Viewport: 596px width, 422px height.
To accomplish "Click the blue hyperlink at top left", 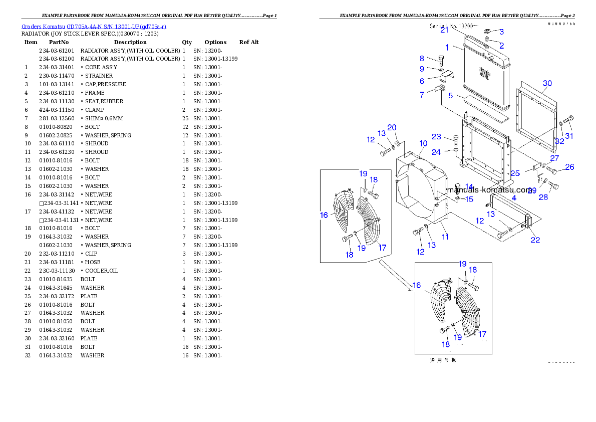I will click(x=94, y=26).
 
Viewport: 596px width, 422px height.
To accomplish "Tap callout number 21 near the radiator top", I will click(x=444, y=30).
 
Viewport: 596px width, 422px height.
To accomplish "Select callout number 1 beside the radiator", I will click(x=501, y=32).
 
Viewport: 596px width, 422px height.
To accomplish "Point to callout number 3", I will click(x=501, y=32).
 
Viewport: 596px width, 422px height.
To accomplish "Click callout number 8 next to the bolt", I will click(x=422, y=59).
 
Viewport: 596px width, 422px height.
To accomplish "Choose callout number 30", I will click(x=547, y=83).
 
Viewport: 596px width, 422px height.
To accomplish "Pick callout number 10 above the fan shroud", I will click(x=423, y=143).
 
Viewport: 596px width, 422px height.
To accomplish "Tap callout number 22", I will click(x=535, y=240).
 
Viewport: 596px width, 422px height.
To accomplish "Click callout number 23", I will click(x=437, y=137).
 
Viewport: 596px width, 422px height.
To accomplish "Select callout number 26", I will click(x=569, y=167).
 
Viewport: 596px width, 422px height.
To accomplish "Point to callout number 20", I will click(x=392, y=127).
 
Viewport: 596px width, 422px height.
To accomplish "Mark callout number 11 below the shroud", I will click(x=444, y=236).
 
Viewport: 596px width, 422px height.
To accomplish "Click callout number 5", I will click(x=450, y=95).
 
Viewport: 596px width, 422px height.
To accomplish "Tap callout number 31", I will click(x=569, y=135).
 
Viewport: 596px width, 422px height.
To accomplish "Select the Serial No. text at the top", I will click(x=454, y=25).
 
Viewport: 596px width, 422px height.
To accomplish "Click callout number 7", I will click(x=422, y=94).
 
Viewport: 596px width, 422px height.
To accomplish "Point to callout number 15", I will click(x=469, y=199).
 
